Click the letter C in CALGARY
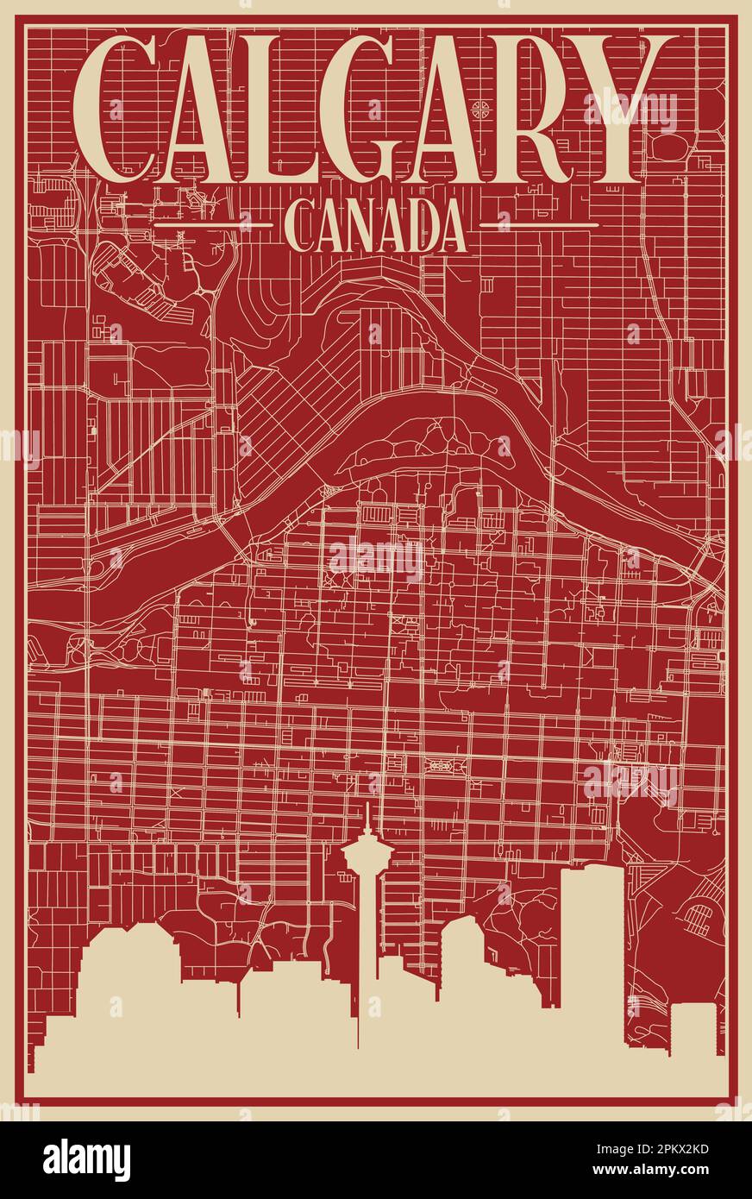116,108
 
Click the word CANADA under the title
375,226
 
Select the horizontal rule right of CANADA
538,225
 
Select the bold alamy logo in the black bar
86,1159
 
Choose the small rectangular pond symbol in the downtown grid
440,763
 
